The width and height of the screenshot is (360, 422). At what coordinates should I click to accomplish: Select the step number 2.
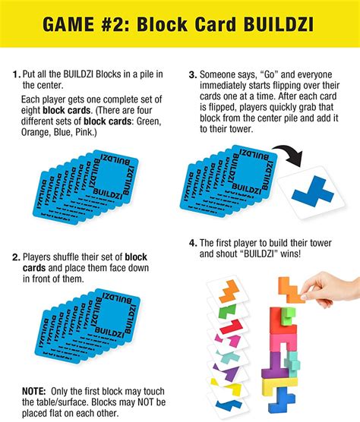point(17,257)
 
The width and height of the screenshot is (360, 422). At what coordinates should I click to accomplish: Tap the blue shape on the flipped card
point(305,192)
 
